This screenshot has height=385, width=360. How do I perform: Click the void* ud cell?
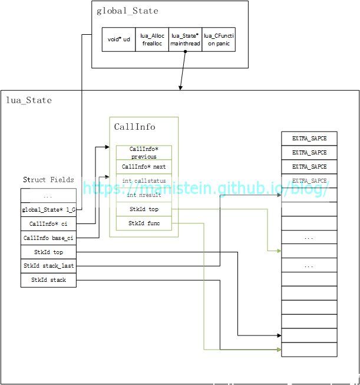(x=118, y=40)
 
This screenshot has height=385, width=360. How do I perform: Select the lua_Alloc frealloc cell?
(x=152, y=40)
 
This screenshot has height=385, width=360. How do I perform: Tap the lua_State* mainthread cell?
(x=186, y=40)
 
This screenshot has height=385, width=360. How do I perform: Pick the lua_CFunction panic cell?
(x=219, y=40)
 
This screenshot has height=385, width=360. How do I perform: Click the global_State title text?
(x=127, y=11)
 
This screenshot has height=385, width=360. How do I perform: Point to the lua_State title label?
(x=29, y=100)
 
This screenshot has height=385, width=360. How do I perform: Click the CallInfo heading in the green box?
(x=134, y=127)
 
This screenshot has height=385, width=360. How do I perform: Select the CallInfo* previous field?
(x=144, y=153)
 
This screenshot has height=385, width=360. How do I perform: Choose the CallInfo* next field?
(x=144, y=167)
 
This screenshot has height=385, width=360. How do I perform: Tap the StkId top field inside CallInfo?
(x=144, y=209)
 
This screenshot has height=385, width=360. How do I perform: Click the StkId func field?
(x=144, y=223)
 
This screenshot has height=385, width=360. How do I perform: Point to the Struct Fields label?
(x=48, y=180)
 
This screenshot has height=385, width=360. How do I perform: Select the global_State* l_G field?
(x=48, y=209)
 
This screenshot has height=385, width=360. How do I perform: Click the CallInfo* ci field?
(x=48, y=224)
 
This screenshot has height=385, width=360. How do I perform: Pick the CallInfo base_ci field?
(x=48, y=238)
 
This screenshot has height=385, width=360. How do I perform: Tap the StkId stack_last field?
(x=48, y=266)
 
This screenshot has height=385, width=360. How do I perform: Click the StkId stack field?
(x=48, y=280)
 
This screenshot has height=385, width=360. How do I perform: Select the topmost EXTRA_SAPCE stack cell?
(x=309, y=139)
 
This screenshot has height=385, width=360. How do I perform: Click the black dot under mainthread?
(x=186, y=52)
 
